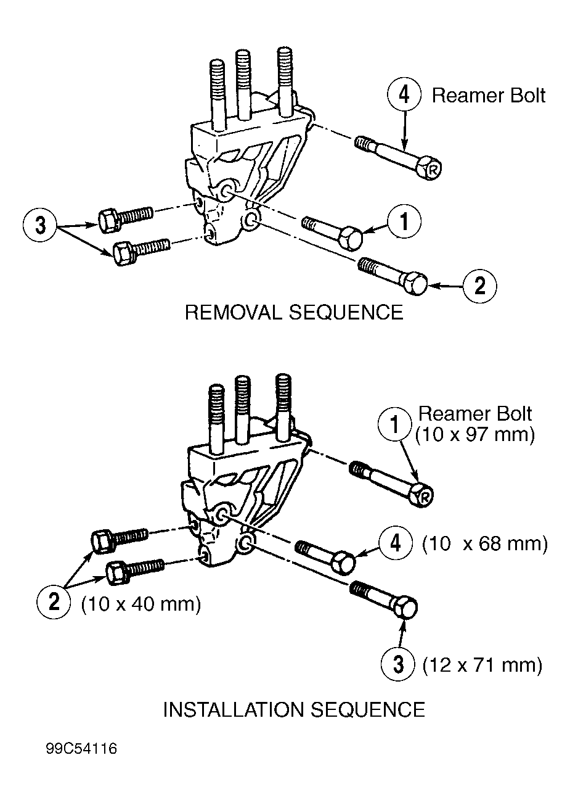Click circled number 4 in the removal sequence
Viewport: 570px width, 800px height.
[x=404, y=96]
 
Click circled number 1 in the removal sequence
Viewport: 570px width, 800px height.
[x=404, y=221]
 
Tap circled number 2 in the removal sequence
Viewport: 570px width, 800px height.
[x=479, y=286]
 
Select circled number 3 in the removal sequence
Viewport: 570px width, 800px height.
[x=40, y=225]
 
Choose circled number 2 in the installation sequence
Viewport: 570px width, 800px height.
[x=54, y=601]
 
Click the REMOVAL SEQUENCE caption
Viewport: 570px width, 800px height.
[x=293, y=312]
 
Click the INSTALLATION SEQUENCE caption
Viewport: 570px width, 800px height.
[x=293, y=709]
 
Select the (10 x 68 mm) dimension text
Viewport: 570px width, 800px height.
[x=484, y=544]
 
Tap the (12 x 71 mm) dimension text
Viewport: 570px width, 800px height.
[x=482, y=665]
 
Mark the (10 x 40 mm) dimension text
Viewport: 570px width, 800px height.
[x=141, y=603]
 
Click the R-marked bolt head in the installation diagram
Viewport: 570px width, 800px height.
[x=424, y=495]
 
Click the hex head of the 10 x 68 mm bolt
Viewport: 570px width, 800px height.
[x=343, y=563]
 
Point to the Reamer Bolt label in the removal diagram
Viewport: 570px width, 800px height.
[x=488, y=96]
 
